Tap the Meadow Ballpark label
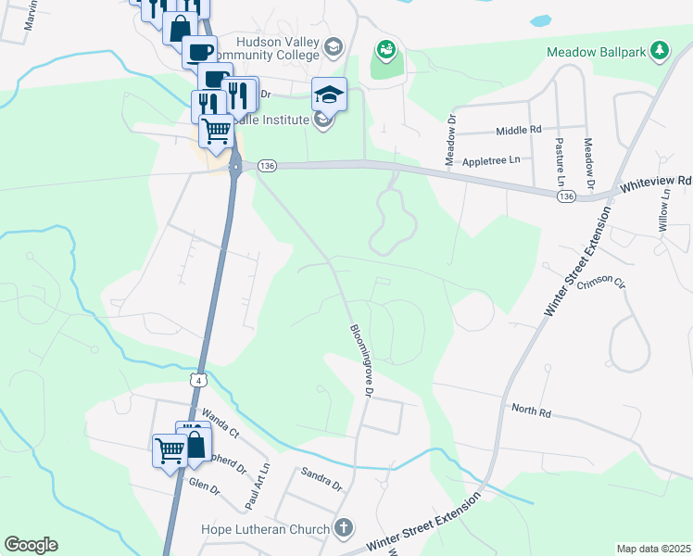pos(596,52)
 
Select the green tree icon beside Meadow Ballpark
pos(659,49)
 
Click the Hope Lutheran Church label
pos(266,530)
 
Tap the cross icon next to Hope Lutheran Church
pos(344,529)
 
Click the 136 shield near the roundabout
pos(268,165)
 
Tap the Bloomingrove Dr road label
pos(360,360)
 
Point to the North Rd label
pos(531,408)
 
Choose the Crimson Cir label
pos(601,284)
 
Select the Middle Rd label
pos(518,131)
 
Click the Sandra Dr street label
pos(321,478)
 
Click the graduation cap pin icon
pos(328,94)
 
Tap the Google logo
pos(31,545)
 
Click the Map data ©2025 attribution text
pos(653,549)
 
